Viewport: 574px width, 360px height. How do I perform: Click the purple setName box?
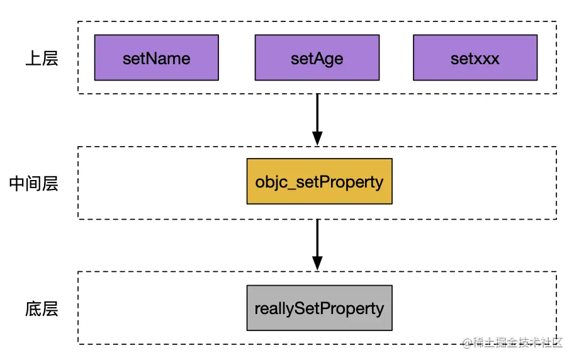156,58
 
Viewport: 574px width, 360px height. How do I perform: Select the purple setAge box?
317,58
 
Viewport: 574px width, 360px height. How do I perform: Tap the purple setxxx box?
475,58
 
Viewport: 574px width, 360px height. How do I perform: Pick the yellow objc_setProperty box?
319,181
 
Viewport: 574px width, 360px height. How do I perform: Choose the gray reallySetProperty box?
319,308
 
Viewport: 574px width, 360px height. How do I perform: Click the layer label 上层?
42,59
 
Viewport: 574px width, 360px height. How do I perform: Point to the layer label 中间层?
33,183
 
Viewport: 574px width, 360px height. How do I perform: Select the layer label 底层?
42,309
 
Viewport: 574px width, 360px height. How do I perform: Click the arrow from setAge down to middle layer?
317,116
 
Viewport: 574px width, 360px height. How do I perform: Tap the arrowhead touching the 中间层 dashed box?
317,138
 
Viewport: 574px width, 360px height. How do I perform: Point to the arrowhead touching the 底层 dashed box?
317,262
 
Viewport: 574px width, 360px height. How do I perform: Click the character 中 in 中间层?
17,183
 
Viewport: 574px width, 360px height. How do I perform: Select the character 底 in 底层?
33,309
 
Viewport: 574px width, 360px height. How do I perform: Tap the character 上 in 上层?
33,59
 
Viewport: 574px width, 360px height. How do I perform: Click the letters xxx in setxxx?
487,59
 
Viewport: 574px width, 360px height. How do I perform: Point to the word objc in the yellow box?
270,182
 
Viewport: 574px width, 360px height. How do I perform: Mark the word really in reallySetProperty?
274,309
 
